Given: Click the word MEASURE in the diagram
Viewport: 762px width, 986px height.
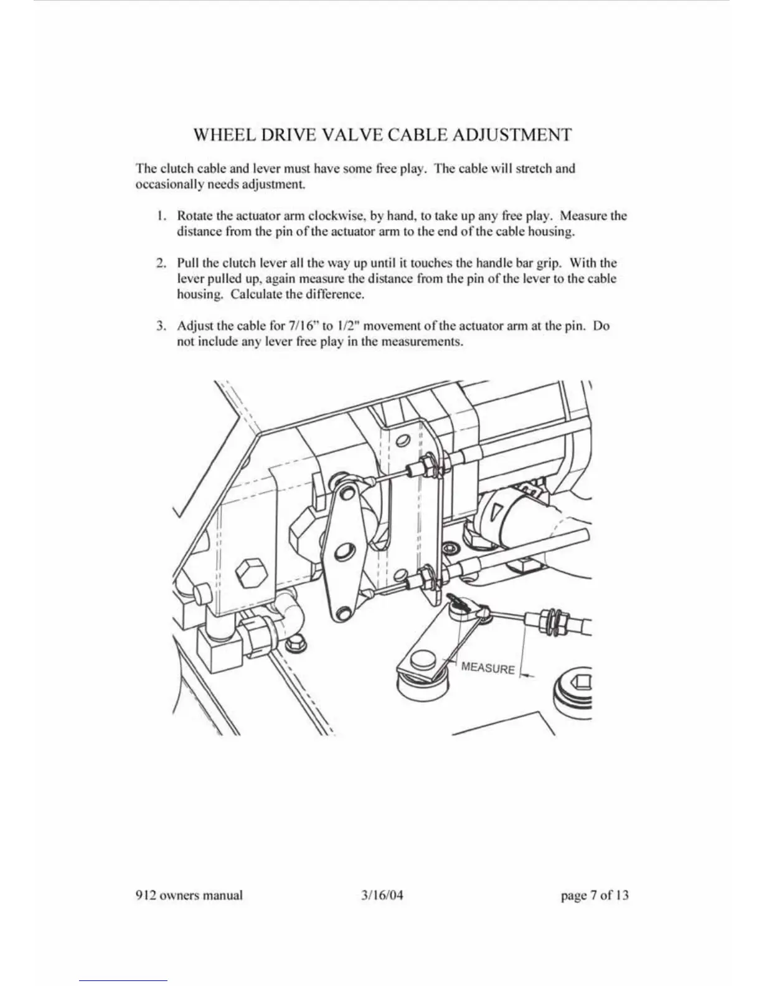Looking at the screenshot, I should (x=488, y=668).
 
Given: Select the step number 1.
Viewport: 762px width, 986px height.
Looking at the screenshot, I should (x=161, y=216).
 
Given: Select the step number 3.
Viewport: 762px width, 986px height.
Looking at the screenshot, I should (x=161, y=326).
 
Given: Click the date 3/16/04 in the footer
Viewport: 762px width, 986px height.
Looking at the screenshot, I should (x=378, y=895).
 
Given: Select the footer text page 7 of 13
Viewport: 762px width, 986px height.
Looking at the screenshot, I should (x=595, y=895).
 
